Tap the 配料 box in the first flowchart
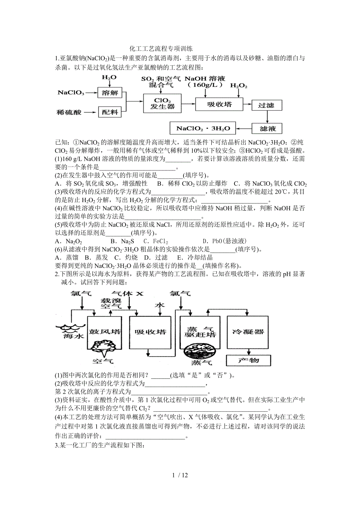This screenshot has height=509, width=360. click(109, 112)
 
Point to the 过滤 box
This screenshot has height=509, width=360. click(266, 106)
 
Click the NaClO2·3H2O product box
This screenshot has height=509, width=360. click(203, 128)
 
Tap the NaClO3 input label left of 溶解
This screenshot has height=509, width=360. click(70, 93)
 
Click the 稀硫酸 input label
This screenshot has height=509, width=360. click(69, 113)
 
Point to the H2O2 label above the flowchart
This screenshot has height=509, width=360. click(238, 85)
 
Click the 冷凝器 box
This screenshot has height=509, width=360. click(248, 332)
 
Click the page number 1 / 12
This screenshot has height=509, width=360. click(180, 475)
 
